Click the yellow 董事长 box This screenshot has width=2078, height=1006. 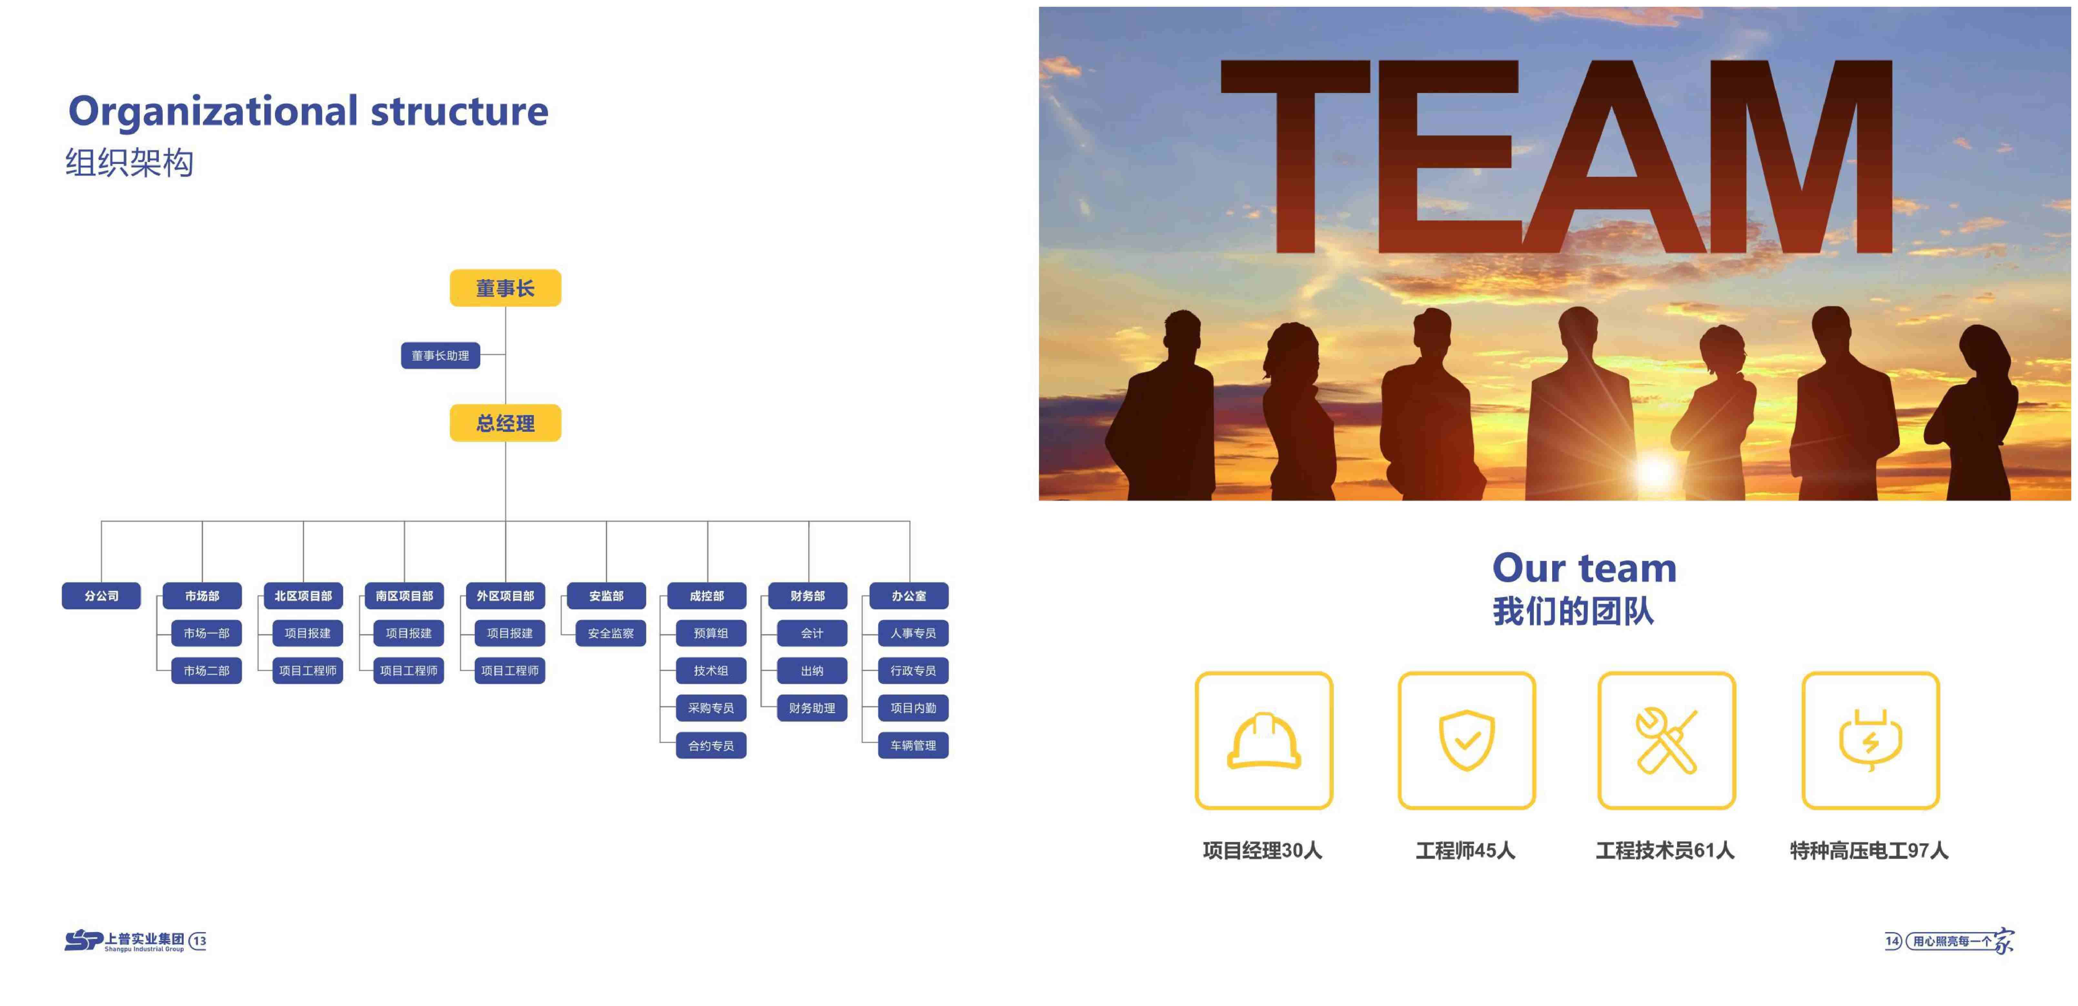(x=505, y=288)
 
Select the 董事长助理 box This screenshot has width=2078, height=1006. (x=441, y=356)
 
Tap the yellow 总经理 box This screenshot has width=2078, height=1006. (x=505, y=423)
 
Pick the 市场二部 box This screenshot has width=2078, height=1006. (x=207, y=670)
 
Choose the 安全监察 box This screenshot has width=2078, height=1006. (x=611, y=633)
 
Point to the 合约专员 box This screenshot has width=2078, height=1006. (x=711, y=746)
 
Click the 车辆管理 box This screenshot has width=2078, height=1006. (x=913, y=746)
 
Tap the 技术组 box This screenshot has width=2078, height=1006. (x=711, y=670)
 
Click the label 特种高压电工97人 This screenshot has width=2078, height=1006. (x=1869, y=850)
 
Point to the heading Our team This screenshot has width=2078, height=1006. (x=1584, y=568)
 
